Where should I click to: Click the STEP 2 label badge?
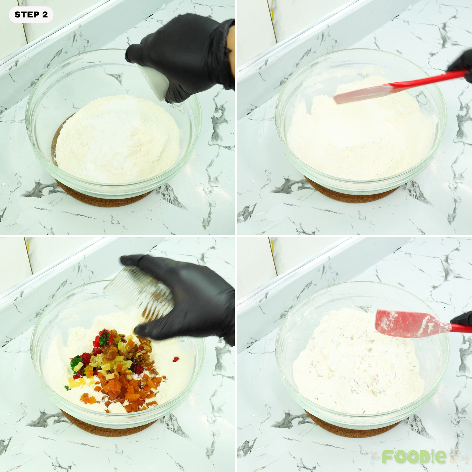pyautogui.click(x=31, y=15)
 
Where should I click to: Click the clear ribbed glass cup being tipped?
pyautogui.click(x=139, y=298)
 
